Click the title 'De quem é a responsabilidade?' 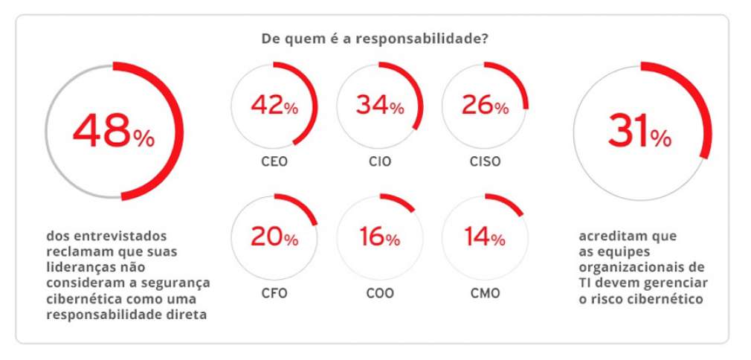[x=374, y=38]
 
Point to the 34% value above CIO [x=379, y=106]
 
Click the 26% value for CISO [x=485, y=106]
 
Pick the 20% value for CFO [x=274, y=237]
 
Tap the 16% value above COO [x=379, y=237]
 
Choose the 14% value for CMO [x=485, y=237]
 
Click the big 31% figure [x=639, y=132]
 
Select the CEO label [x=273, y=161]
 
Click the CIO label [x=379, y=161]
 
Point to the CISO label [x=485, y=161]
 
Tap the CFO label [x=273, y=293]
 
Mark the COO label [x=379, y=293]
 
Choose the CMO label [x=485, y=293]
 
